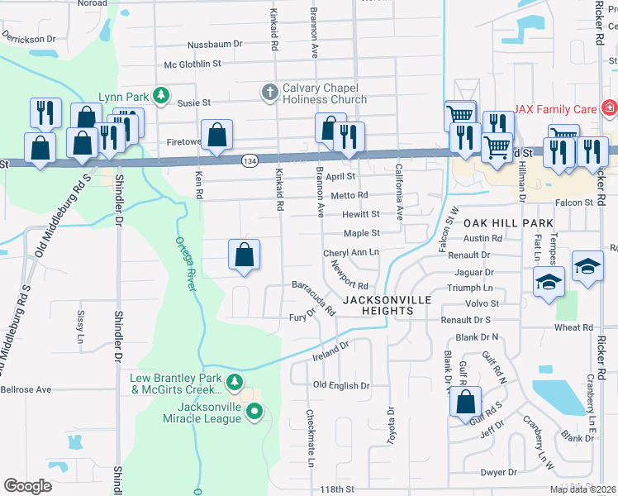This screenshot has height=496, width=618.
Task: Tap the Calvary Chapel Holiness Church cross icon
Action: tap(269, 93)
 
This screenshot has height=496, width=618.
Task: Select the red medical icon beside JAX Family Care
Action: tap(610, 108)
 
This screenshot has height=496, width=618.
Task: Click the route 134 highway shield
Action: tap(249, 159)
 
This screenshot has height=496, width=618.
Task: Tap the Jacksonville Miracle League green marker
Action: tap(255, 410)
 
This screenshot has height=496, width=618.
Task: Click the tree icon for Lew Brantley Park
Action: tap(235, 381)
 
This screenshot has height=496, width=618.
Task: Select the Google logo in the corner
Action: tap(28, 486)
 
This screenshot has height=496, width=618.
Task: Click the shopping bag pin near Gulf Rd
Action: tap(466, 402)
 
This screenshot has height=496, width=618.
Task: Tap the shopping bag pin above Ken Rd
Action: tap(216, 134)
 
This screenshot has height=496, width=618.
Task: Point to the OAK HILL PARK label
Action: tap(507, 224)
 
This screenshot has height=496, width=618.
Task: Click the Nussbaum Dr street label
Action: tap(215, 44)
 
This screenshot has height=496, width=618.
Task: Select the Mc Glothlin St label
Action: tap(193, 64)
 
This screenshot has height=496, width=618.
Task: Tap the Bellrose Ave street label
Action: tap(26, 389)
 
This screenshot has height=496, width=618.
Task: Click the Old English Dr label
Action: tap(341, 386)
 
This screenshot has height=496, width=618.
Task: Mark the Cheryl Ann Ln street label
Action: tap(351, 252)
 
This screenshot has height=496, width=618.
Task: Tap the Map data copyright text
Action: tap(583, 489)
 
